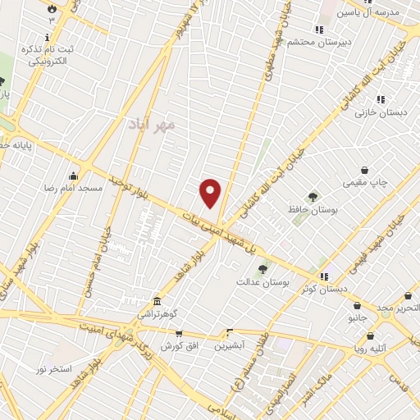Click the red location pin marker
pyautogui.click(x=211, y=194)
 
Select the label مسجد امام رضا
pyautogui.click(x=74, y=188)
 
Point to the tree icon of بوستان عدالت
pyautogui.click(x=262, y=268)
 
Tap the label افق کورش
pyautogui.click(x=179, y=346)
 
